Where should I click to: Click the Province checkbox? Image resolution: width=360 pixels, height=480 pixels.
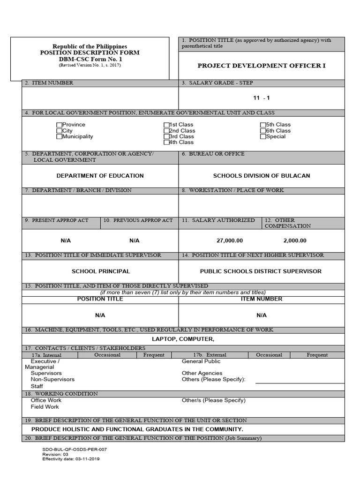coord(59,125)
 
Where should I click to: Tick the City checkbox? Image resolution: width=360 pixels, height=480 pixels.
coord(59,131)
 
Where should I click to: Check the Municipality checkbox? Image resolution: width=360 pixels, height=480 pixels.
coord(59,136)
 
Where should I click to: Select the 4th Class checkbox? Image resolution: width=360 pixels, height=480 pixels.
coord(166,142)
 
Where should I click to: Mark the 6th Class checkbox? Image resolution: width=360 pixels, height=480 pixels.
coord(263,131)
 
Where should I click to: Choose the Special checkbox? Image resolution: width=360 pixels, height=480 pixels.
coord(263,136)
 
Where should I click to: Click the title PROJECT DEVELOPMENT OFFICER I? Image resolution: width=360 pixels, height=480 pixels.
coord(261,66)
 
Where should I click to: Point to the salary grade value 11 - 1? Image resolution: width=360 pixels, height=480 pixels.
coord(262,98)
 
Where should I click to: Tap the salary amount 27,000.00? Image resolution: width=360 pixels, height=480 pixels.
coord(230,240)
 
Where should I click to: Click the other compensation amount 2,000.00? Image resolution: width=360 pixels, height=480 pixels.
coord(295,240)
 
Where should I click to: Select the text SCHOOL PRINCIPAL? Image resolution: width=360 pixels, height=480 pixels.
coord(101,271)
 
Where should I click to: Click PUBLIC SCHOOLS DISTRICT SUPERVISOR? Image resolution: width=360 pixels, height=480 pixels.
coord(261,271)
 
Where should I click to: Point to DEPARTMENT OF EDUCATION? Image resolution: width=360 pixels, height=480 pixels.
coord(100,176)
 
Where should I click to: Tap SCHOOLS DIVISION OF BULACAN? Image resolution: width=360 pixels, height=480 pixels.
coord(261,176)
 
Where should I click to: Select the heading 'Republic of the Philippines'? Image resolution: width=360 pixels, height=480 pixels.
coord(90,47)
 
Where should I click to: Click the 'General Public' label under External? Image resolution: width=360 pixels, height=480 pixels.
coord(201,361)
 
